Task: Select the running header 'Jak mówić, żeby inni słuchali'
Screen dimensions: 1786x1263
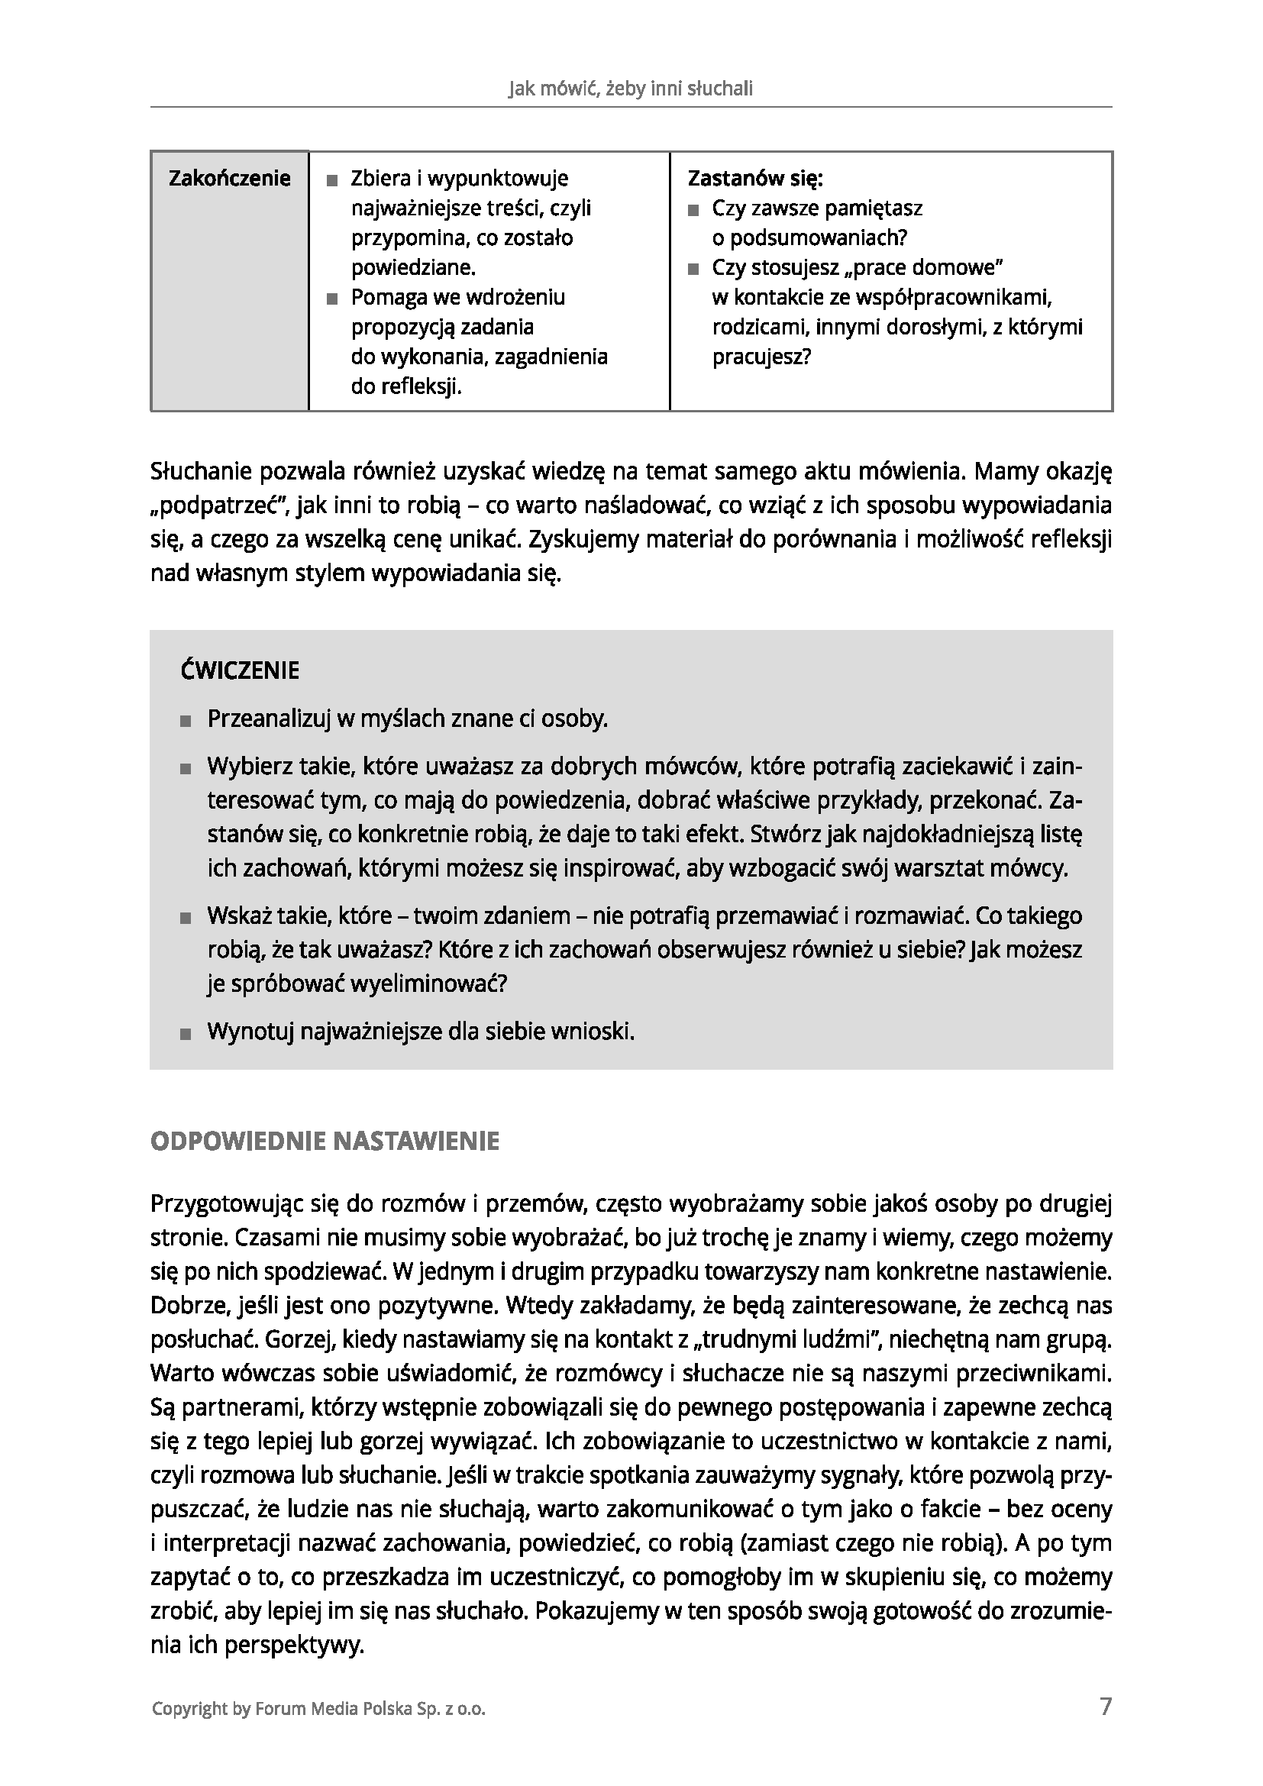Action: tap(631, 89)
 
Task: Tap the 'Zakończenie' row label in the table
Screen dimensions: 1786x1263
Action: tap(229, 179)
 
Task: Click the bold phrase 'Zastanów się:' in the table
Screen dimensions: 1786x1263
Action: tap(755, 179)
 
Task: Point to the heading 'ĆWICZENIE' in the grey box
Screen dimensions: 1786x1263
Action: tap(241, 670)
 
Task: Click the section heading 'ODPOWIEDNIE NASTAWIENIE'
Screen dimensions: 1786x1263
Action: tap(325, 1141)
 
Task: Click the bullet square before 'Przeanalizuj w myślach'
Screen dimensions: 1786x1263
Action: tap(185, 721)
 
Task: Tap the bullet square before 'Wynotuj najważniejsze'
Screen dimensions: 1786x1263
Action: tap(185, 1034)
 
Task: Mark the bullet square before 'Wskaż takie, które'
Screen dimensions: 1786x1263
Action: tap(185, 918)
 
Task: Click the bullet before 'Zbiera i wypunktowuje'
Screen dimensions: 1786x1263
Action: tap(333, 180)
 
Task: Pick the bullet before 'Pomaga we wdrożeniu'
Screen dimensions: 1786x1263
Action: tap(333, 299)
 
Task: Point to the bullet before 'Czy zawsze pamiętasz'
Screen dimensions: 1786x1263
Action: tap(693, 210)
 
